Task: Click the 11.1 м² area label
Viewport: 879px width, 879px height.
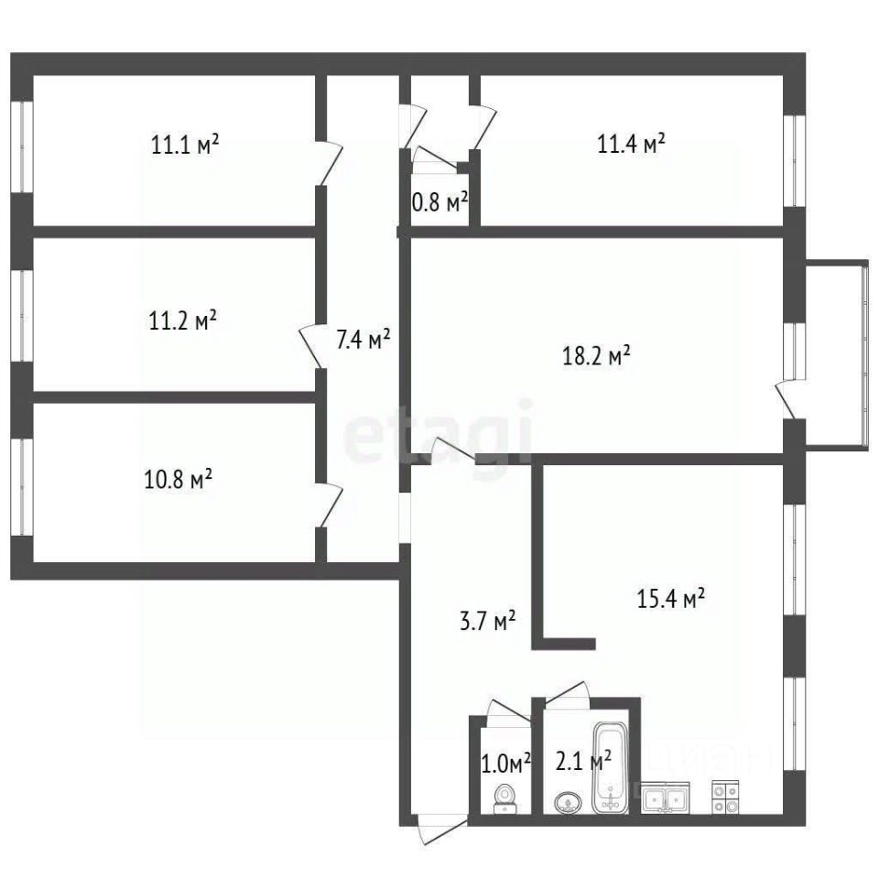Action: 185,144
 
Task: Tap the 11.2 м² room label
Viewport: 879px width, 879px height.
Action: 183,320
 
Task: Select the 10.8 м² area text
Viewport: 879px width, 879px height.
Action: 179,479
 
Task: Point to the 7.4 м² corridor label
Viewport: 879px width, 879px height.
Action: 364,339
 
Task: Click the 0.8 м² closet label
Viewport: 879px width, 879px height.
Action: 440,201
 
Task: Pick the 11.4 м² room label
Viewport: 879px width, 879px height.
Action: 631,144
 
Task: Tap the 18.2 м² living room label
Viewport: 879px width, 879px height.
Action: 596,355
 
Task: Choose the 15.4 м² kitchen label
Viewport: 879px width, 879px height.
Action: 671,598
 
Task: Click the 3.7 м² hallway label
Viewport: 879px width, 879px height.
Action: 488,621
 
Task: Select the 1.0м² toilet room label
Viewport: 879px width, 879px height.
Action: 506,764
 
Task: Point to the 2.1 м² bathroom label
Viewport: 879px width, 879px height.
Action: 583,761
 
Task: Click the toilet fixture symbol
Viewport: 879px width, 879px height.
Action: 505,798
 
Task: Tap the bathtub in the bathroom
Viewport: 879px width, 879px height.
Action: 611,767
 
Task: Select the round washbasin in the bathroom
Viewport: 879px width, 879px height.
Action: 569,803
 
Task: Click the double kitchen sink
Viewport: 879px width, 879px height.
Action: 666,798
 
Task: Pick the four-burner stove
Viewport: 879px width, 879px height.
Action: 725,798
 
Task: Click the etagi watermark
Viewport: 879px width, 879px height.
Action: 438,431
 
